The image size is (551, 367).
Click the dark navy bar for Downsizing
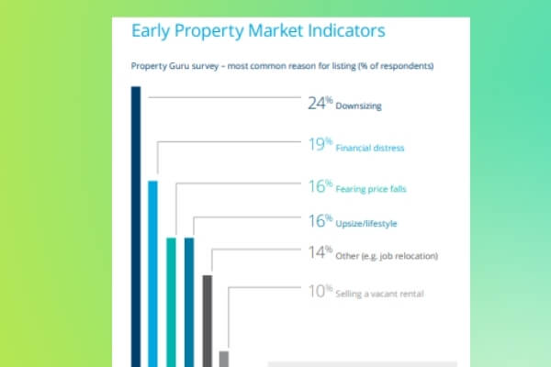(x=136, y=227)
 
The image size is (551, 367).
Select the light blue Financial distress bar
(x=152, y=274)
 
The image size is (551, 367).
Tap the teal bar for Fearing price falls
(x=171, y=303)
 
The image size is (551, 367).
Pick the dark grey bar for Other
(x=208, y=321)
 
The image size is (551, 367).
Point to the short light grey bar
(x=224, y=359)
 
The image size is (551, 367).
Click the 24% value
(x=320, y=104)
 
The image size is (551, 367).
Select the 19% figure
(x=320, y=144)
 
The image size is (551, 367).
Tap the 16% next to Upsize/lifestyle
(x=320, y=221)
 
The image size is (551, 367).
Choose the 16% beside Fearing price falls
(x=320, y=186)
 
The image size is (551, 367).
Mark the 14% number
(x=320, y=252)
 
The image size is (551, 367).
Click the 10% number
(x=320, y=291)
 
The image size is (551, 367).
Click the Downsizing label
(x=358, y=106)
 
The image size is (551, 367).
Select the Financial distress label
(x=370, y=148)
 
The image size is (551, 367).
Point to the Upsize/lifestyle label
(x=366, y=224)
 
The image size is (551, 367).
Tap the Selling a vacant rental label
(x=379, y=294)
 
